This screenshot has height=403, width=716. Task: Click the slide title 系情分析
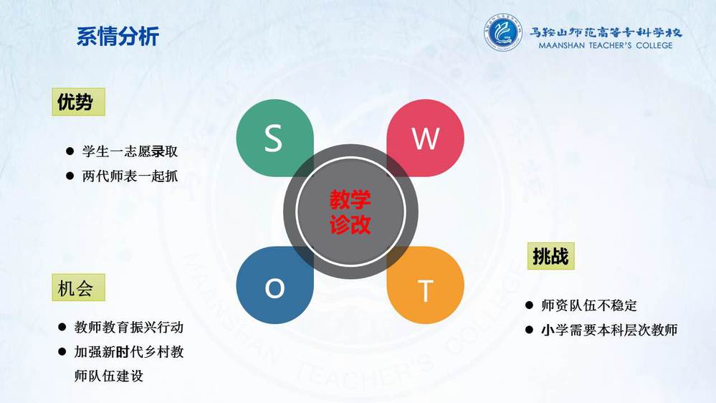[x=118, y=36]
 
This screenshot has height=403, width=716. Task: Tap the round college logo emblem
[x=502, y=32]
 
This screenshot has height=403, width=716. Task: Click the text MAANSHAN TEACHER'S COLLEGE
[x=606, y=45]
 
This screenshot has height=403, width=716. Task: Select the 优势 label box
[x=79, y=102]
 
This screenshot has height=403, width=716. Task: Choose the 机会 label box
[x=79, y=288]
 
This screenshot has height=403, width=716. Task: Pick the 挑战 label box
[x=550, y=256]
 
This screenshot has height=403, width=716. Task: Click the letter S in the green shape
[x=273, y=138]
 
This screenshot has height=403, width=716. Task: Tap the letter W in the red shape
[x=426, y=138]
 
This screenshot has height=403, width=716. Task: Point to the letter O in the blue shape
[x=275, y=288]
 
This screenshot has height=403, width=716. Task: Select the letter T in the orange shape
[x=425, y=290]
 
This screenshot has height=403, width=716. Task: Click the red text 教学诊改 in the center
[x=350, y=212]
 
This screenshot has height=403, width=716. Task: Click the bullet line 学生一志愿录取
[x=130, y=151]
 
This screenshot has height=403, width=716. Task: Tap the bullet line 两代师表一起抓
[x=130, y=176]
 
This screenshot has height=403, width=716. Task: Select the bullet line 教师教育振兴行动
[x=129, y=327]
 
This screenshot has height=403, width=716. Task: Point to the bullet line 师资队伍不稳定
[x=589, y=305]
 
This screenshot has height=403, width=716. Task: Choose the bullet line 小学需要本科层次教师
[x=609, y=330]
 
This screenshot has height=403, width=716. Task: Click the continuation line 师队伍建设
[x=109, y=376]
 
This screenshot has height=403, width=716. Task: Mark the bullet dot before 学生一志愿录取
[x=70, y=151]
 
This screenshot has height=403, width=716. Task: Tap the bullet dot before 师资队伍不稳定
[x=529, y=305]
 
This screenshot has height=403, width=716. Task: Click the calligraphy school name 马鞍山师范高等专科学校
[x=606, y=32]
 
